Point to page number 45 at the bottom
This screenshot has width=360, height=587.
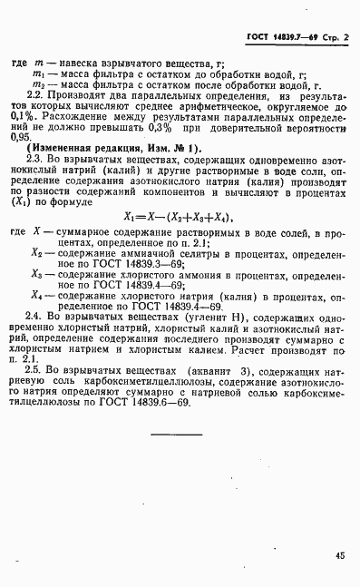coord(340,556)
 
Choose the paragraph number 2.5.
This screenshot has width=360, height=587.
coord(41,370)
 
